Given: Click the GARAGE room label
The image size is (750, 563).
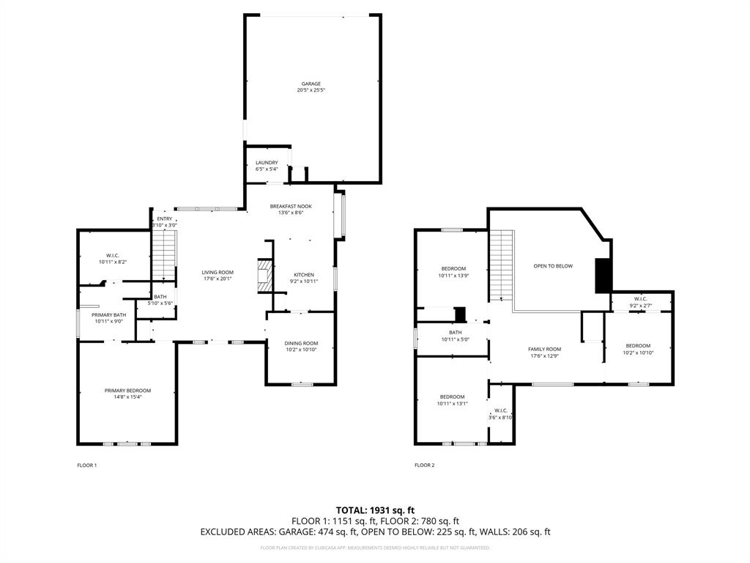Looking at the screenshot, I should tap(311, 84).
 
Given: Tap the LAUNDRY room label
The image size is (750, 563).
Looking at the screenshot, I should tap(267, 163).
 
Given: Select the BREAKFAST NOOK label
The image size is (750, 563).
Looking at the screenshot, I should tap(291, 207).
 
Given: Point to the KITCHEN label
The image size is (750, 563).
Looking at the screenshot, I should tap(304, 275).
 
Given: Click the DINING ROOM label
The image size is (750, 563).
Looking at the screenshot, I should tap(301, 343).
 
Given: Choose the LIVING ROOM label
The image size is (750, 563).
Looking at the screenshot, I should tap(218, 272).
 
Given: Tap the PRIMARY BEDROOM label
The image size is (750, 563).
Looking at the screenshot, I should tap(127, 391).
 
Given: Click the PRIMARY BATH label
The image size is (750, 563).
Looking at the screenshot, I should tap(109, 314).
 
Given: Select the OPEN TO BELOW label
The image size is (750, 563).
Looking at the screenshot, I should tap(553, 266).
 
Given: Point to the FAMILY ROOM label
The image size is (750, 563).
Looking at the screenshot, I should tap(545, 349).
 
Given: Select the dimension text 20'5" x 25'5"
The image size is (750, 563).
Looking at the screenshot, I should tap(311, 90).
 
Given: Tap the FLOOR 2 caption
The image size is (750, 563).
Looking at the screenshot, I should tap(424, 465).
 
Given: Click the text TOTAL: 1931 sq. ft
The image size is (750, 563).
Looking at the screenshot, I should tap(375, 510).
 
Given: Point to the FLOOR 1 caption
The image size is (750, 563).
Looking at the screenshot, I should tap(86, 465).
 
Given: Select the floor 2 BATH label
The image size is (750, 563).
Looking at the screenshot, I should tap(456, 333).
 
